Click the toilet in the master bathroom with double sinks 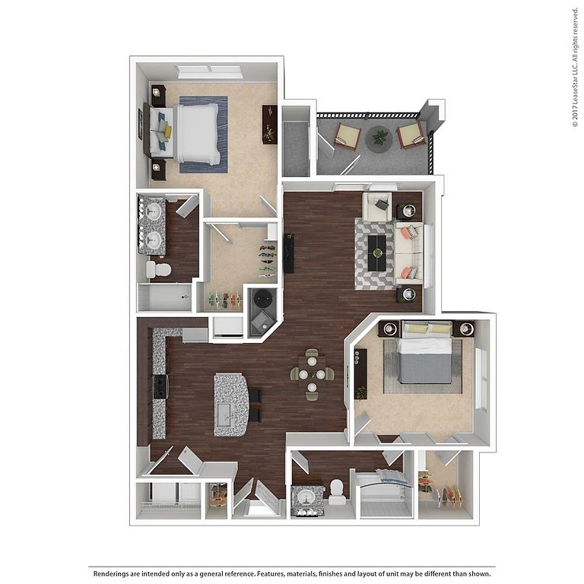pyautogui.click(x=158, y=269)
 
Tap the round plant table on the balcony pyautogui.click(x=379, y=138)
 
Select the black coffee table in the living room pyautogui.click(x=378, y=253)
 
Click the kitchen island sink pyautogui.click(x=226, y=415)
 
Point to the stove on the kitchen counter pyautogui.click(x=160, y=386)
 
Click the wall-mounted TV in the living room pyautogui.click(x=289, y=253)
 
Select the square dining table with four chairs pyautogui.click(x=312, y=373)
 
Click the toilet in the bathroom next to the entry pyautogui.click(x=337, y=491)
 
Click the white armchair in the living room pyautogui.click(x=377, y=206)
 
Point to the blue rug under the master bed pyautogui.click(x=203, y=135)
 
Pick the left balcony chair pyautogui.click(x=348, y=136)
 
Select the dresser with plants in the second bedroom pyautogui.click(x=360, y=374)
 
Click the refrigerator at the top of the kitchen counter pyautogui.click(x=195, y=335)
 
